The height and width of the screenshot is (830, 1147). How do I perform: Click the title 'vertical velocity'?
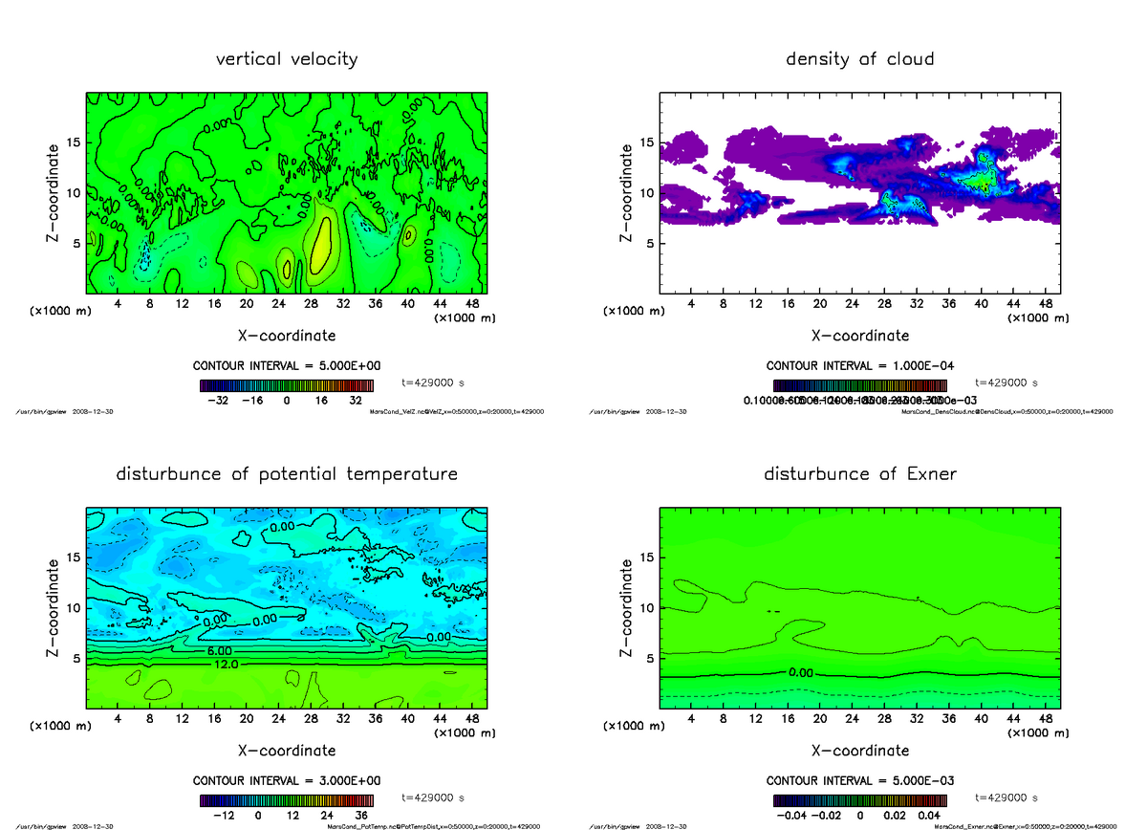pyautogui.click(x=287, y=59)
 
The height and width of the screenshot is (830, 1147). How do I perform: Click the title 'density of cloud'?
pyautogui.click(x=859, y=59)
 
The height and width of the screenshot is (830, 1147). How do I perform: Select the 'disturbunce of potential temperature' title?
pyautogui.click(x=287, y=474)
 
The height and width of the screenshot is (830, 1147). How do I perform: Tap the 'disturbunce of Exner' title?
pyautogui.click(x=860, y=474)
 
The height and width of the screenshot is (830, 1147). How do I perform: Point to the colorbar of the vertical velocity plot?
pyautogui.click(x=287, y=385)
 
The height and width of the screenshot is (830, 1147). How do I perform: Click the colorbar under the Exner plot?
pyautogui.click(x=860, y=800)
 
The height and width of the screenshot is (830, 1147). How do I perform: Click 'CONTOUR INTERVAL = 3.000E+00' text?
pyautogui.click(x=287, y=780)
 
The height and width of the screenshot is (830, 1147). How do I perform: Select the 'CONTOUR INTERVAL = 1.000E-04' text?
pyautogui.click(x=860, y=365)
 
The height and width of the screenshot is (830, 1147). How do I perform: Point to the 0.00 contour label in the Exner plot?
pyautogui.click(x=801, y=672)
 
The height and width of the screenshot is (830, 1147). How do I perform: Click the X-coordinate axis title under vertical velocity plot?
pyautogui.click(x=287, y=336)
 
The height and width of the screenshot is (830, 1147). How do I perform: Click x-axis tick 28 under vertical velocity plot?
pyautogui.click(x=311, y=304)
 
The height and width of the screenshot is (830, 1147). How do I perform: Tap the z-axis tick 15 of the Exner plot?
pyautogui.click(x=645, y=557)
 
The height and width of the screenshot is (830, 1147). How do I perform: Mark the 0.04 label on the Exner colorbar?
pyautogui.click(x=930, y=816)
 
